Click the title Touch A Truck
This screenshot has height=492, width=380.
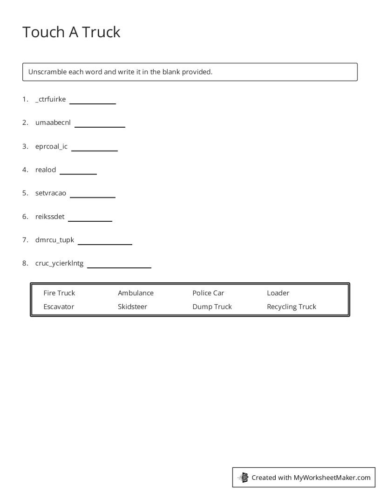[71, 32]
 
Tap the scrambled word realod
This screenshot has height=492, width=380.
[46, 170]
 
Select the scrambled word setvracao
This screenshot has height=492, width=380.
[51, 193]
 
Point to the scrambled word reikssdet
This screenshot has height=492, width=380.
[50, 217]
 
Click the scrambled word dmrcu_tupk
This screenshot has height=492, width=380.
[54, 240]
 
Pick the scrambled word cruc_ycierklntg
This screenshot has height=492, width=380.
[59, 264]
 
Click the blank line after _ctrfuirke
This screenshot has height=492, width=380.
[92, 103]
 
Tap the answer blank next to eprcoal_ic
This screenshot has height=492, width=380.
[94, 150]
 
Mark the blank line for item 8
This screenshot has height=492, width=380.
[119, 267]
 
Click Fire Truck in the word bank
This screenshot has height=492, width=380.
[59, 293]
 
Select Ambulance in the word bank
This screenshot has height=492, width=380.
[136, 293]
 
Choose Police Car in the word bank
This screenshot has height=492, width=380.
[208, 293]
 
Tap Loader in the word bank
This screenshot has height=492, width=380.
[278, 293]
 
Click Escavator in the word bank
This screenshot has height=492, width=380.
[59, 307]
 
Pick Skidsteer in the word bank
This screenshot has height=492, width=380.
[132, 307]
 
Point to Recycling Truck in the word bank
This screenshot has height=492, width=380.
[292, 307]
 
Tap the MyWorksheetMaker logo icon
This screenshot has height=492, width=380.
[243, 477]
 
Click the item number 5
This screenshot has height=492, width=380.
[25, 193]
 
